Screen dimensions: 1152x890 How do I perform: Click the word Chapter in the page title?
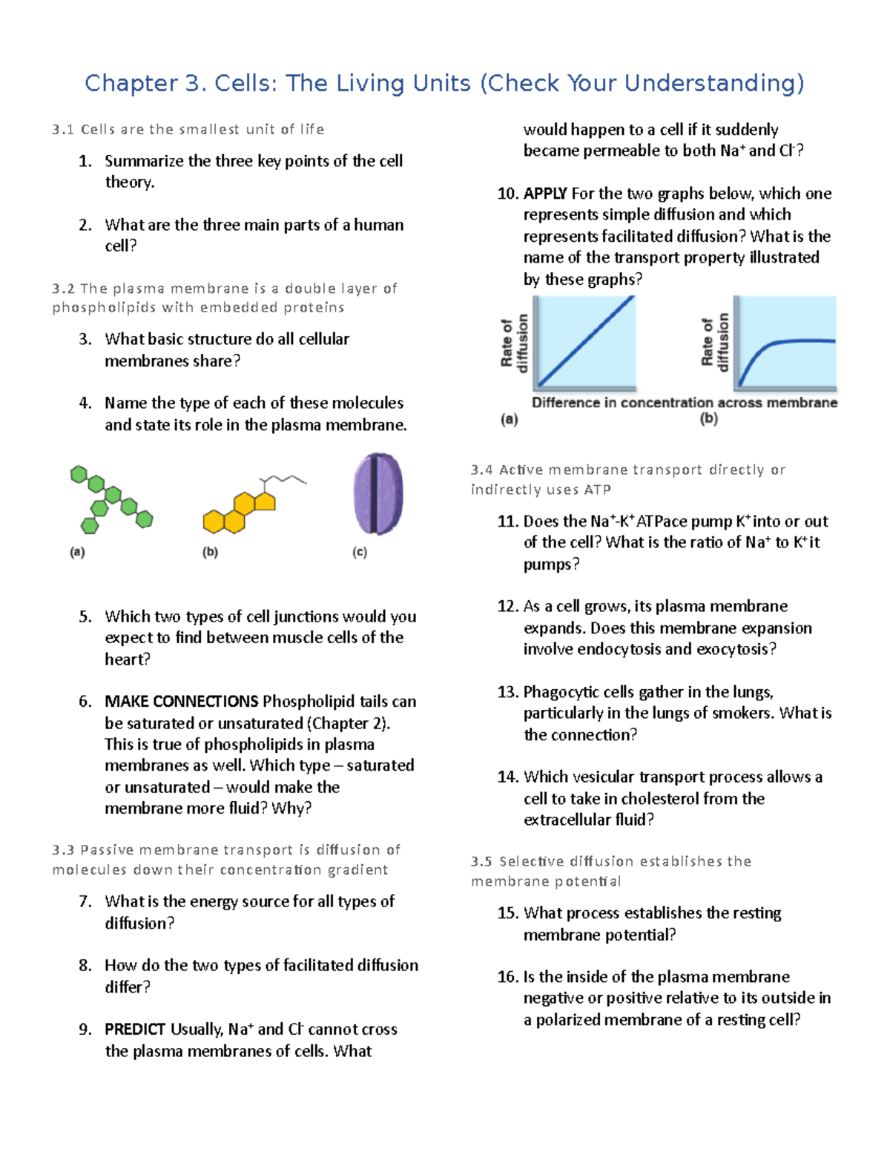point(131,83)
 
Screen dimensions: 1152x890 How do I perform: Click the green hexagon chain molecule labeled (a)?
point(112,496)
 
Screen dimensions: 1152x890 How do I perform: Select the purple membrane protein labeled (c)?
point(378,494)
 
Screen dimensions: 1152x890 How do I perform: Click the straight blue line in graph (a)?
point(586,341)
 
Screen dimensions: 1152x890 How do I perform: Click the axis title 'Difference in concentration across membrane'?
point(684,403)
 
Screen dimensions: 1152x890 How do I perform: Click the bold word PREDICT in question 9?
point(134,1030)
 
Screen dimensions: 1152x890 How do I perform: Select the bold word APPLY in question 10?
point(545,194)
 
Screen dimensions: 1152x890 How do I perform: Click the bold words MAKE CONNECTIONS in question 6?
point(181,702)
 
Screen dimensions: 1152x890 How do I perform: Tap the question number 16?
point(507,977)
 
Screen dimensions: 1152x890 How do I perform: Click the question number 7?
point(85,902)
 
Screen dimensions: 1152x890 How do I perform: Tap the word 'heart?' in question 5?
point(128,659)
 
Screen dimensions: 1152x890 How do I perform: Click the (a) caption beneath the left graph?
point(509,420)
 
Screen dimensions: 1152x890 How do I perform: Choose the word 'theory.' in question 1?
point(130,182)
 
